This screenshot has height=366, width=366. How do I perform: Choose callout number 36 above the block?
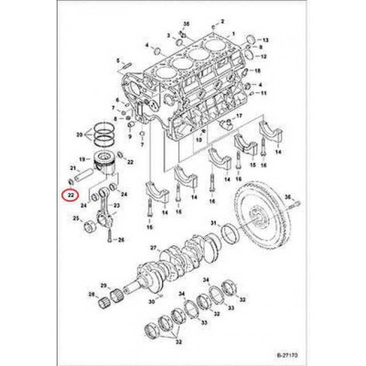(187, 20)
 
